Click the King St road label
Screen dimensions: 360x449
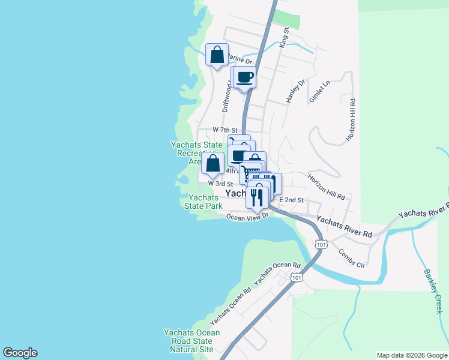[x=286, y=37]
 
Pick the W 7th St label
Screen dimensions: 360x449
[x=225, y=130]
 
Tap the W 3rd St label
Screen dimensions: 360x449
[x=220, y=183]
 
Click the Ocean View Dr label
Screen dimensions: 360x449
[x=247, y=217]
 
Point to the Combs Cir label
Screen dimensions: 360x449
[x=351, y=259]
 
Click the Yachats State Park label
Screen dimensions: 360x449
[x=203, y=202]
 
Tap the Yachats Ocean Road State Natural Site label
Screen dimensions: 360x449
[x=191, y=341]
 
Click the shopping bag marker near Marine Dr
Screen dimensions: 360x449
[x=217, y=55]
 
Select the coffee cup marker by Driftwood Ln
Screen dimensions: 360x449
[x=244, y=77]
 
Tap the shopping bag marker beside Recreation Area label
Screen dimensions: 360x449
[x=213, y=163]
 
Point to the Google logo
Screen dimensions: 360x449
[x=20, y=353]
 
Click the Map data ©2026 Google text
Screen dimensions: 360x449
[x=412, y=355]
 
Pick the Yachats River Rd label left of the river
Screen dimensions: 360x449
[x=345, y=227]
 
